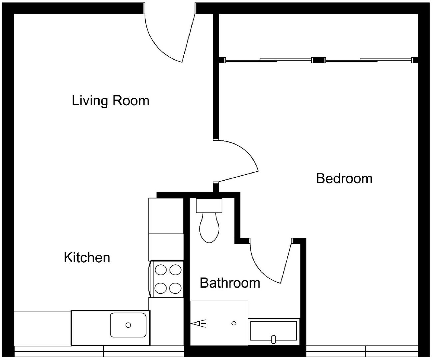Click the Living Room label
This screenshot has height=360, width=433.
pos(111,101)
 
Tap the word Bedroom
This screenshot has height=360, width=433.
pos(344,178)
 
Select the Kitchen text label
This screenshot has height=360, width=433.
pos(87,257)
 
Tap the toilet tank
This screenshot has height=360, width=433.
pos(209,205)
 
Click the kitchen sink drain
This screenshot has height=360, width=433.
pos(128,325)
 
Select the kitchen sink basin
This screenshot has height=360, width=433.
pos(128,325)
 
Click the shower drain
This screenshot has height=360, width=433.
pos(234,323)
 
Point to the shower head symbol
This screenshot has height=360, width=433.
pos(198,323)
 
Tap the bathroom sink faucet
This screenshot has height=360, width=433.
pos(273,339)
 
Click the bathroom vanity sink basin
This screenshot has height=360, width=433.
pos(273,331)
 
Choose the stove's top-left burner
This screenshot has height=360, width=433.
pos(161,270)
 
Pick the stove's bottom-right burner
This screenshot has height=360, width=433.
pos(175,288)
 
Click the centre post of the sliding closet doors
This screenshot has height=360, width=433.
pos(318,60)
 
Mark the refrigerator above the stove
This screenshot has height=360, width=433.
pos(166,229)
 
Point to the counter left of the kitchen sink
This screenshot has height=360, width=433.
pos(43,328)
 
